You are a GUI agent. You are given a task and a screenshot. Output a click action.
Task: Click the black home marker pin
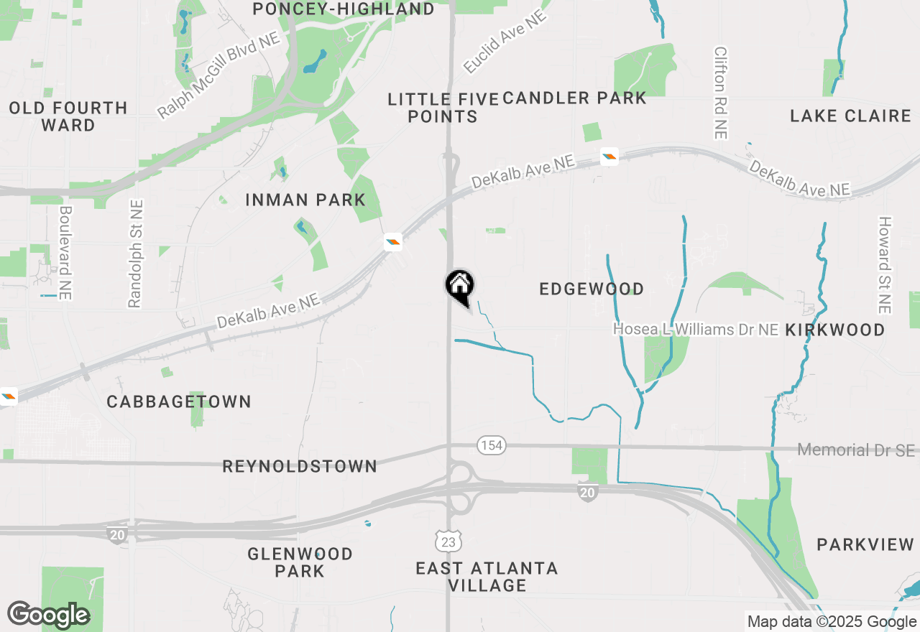(x=459, y=287)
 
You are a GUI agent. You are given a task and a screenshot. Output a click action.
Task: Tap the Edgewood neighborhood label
(x=592, y=289)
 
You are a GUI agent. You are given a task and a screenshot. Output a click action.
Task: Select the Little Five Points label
(x=443, y=108)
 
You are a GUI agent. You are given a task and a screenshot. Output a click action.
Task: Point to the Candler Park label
(x=574, y=98)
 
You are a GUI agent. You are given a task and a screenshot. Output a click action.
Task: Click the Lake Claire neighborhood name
(x=850, y=116)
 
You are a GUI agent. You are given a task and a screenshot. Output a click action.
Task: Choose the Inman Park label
(x=305, y=200)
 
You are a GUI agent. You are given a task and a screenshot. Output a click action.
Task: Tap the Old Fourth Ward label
(x=68, y=116)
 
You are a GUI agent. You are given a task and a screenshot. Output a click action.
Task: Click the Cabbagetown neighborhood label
(x=179, y=401)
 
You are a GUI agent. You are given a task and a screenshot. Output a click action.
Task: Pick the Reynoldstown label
(x=300, y=467)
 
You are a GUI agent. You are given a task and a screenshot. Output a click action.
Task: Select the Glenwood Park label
(x=300, y=562)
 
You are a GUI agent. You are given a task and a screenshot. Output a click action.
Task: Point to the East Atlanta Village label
(x=487, y=577)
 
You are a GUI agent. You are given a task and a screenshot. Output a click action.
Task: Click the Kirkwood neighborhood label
(x=835, y=330)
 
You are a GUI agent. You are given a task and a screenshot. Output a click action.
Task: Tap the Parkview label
(x=865, y=545)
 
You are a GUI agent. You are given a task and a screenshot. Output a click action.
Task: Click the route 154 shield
(x=492, y=445)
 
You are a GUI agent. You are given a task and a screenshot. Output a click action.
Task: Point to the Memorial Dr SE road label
(x=857, y=450)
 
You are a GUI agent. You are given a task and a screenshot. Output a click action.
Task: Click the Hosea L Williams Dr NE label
(x=696, y=330)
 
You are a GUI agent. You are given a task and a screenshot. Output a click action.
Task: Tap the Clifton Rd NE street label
(x=721, y=93)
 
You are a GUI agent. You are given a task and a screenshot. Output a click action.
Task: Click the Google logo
(x=48, y=615)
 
